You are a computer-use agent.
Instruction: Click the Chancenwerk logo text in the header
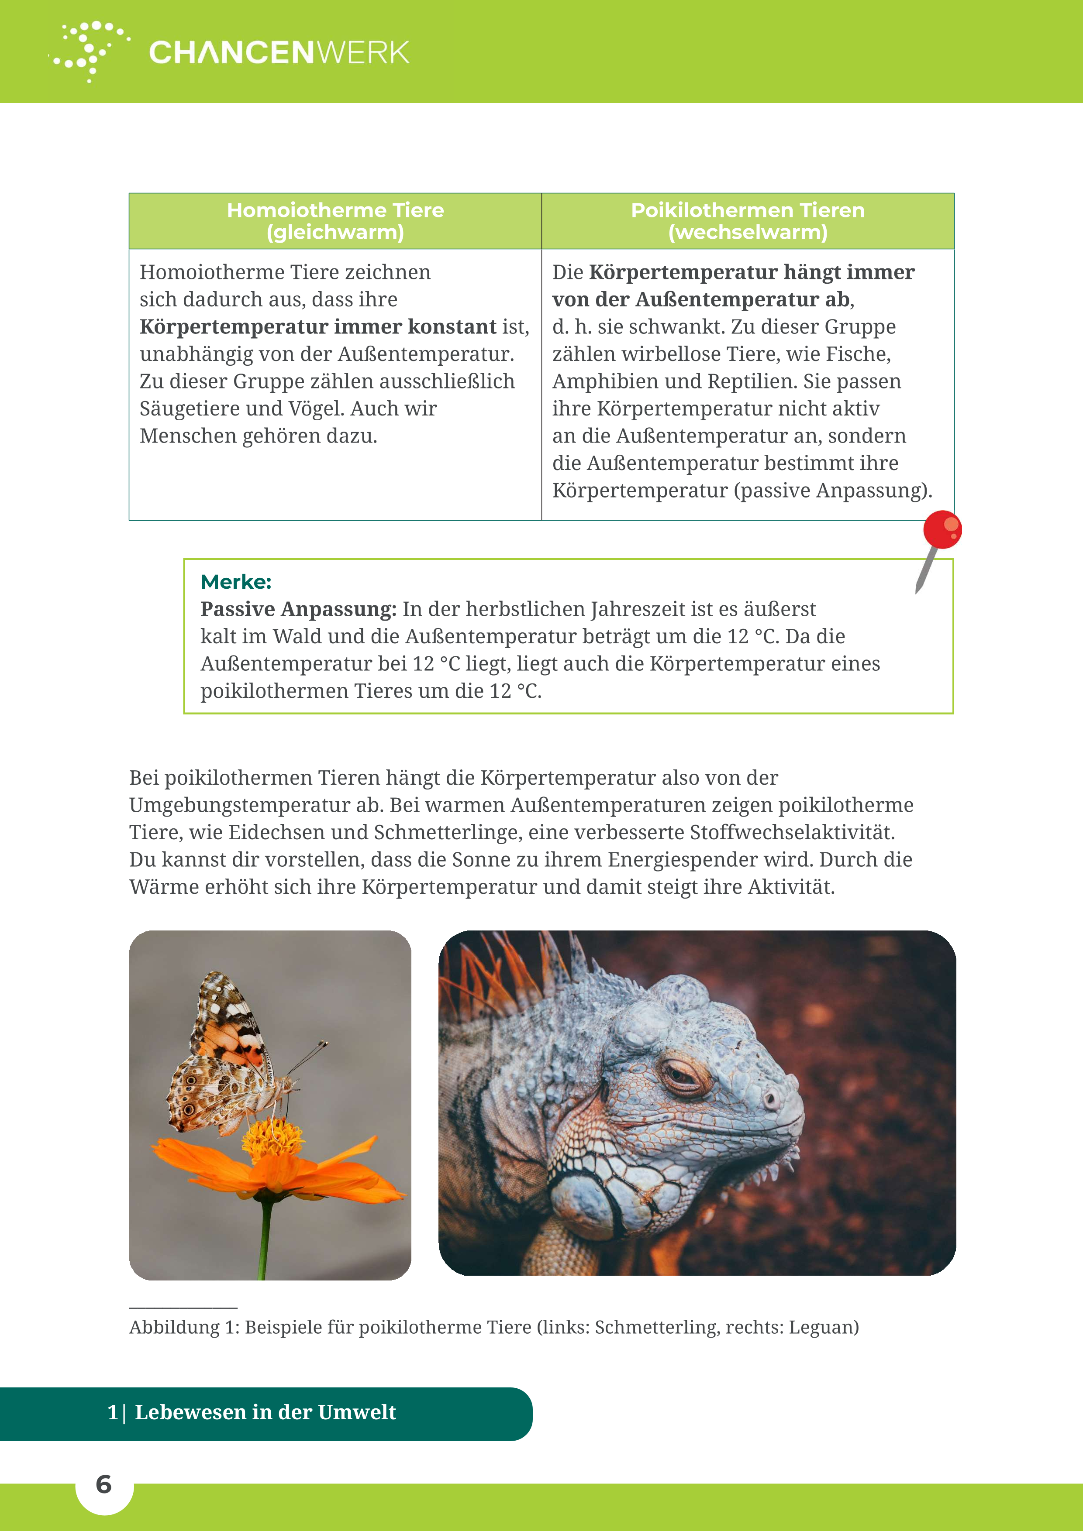point(279,53)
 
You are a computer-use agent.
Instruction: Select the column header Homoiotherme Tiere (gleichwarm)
point(335,221)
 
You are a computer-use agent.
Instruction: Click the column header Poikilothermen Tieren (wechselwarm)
point(747,221)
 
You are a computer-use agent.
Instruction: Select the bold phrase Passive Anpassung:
point(298,609)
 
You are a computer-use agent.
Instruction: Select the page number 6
point(103,1484)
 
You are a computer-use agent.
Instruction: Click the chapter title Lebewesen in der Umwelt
point(265,1412)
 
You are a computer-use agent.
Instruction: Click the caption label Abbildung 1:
point(184,1328)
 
